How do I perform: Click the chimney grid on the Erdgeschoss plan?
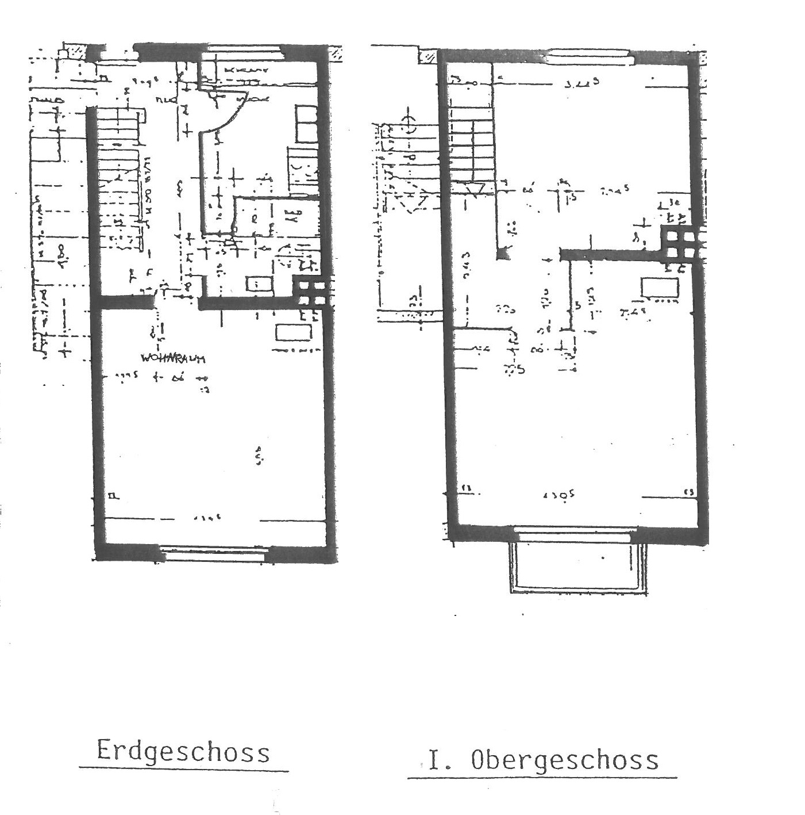tap(311, 291)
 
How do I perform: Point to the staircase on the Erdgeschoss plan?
tap(119, 178)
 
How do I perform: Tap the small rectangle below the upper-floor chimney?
tap(660, 286)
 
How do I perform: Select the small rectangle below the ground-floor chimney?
tap(294, 332)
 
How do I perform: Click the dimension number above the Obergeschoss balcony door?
tap(563, 495)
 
